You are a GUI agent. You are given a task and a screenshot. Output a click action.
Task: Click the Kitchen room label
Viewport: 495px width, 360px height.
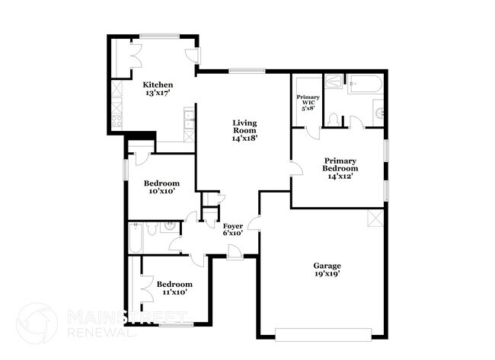tap(158, 88)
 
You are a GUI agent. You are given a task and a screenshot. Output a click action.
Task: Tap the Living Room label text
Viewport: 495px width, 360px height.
tap(244, 130)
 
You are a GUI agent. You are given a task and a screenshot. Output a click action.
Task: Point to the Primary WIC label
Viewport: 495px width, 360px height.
tap(308, 102)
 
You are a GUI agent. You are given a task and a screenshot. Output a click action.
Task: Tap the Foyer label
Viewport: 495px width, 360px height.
tap(232, 229)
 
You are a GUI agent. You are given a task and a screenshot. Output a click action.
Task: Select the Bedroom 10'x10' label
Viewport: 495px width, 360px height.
tap(161, 187)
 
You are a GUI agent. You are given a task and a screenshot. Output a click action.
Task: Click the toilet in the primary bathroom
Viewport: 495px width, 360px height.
tap(334, 119)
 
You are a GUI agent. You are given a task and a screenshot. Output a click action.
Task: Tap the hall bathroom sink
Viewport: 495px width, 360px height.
tap(171, 225)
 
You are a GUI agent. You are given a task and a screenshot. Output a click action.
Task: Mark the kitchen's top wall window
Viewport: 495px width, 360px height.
tap(160, 34)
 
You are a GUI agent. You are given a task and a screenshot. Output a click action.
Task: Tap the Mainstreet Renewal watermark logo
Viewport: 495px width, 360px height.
tap(38, 321)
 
